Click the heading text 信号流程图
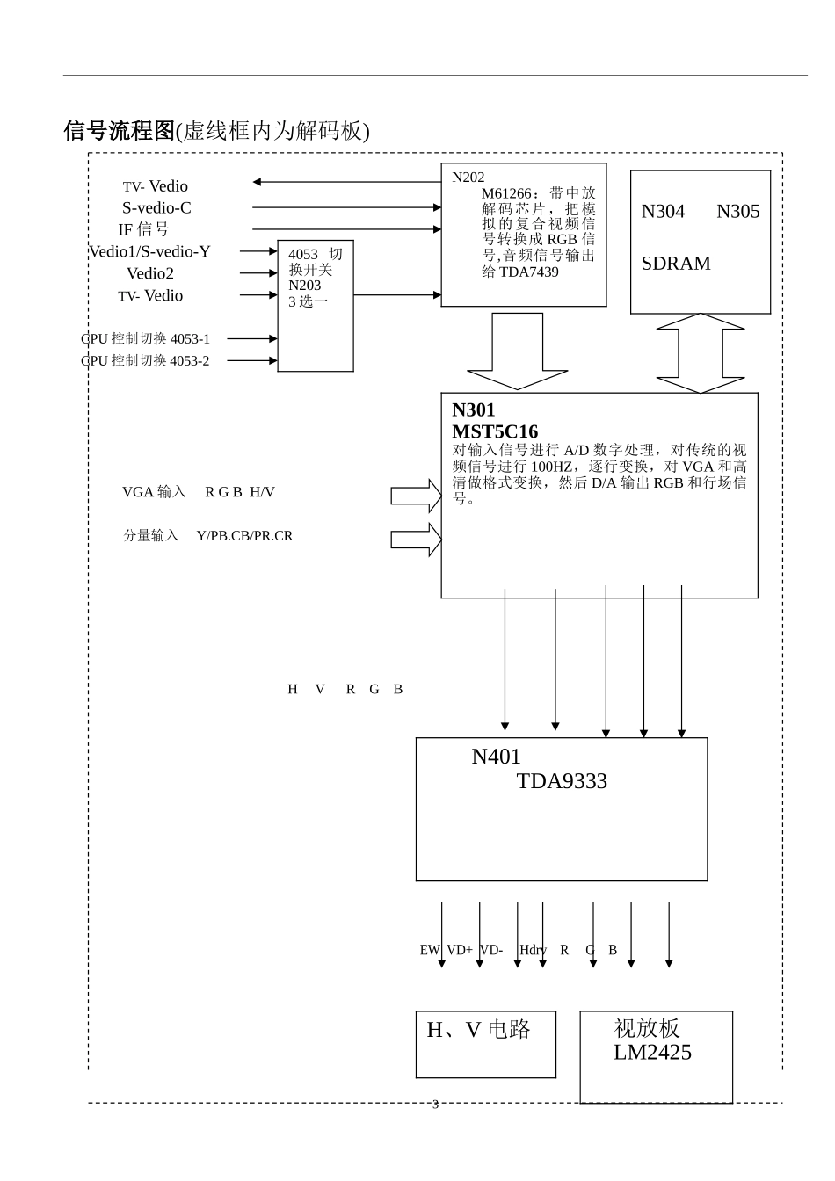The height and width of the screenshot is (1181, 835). [120, 131]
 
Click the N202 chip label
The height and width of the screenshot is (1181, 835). [468, 178]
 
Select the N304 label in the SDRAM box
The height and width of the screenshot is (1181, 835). [663, 212]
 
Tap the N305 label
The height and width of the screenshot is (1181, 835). [737, 212]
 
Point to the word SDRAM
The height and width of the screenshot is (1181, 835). [675, 264]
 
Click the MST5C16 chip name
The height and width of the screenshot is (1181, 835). [494, 431]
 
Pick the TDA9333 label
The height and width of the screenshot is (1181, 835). [562, 782]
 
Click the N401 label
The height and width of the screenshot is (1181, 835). [496, 757]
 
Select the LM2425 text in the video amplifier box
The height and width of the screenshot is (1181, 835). [652, 1053]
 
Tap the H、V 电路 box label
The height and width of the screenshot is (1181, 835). [478, 1030]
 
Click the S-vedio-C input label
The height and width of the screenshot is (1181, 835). [156, 208]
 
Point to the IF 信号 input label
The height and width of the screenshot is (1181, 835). [143, 230]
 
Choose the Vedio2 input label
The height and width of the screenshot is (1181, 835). [150, 273]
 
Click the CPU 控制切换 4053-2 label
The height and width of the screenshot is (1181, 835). [146, 361]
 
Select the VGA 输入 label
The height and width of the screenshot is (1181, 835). [154, 492]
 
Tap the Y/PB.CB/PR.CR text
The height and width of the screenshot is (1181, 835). [244, 536]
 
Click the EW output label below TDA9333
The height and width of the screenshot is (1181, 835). [429, 950]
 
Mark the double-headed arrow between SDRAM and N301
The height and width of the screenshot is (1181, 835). [701, 353]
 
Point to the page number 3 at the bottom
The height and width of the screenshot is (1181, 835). [435, 1105]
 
